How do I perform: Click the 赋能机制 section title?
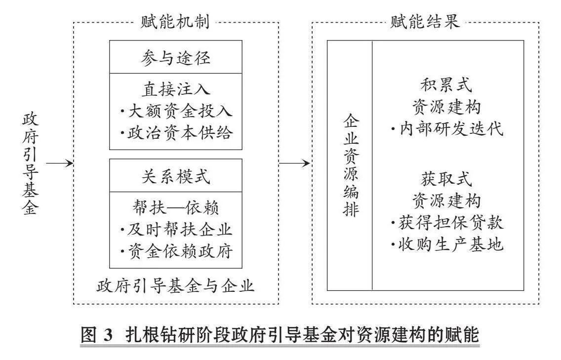tap(175, 22)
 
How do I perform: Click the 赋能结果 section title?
tap(425, 22)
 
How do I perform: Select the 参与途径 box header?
tap(176, 58)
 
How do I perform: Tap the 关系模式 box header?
tap(176, 176)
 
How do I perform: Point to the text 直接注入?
tap(176, 89)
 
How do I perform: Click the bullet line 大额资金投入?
tap(176, 111)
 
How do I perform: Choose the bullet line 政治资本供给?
tap(176, 132)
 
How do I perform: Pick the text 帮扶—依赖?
tap(176, 207)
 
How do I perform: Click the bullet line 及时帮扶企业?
tap(176, 230)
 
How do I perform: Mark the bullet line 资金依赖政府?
tap(176, 251)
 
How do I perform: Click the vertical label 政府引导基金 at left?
tap(31, 164)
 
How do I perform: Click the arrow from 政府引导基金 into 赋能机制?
tap(59, 163)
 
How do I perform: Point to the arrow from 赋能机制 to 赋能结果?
tap(294, 163)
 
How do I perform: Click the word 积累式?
tap(446, 85)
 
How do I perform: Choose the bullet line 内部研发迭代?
tap(447, 129)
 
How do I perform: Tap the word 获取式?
tap(446, 179)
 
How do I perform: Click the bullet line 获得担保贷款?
tap(447, 223)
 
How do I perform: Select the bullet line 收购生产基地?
tap(447, 245)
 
